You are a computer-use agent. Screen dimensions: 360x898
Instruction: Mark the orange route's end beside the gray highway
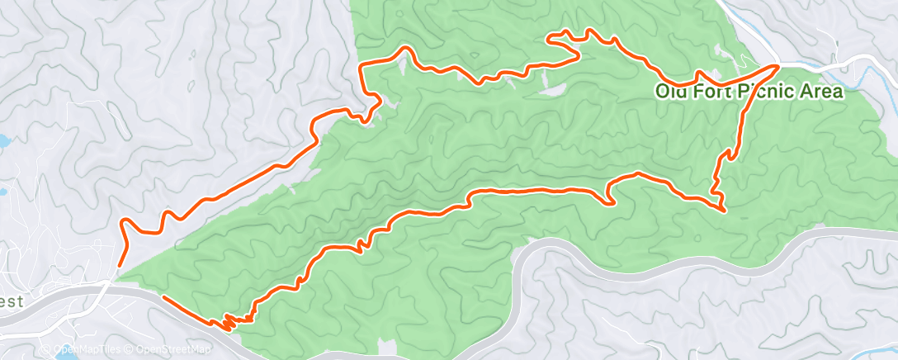point(163,296)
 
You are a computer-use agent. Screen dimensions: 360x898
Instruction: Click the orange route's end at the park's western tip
point(118,266)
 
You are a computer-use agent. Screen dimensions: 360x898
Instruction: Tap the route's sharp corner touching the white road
point(777,64)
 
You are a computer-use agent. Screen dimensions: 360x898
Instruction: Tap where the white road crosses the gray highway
point(108,282)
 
